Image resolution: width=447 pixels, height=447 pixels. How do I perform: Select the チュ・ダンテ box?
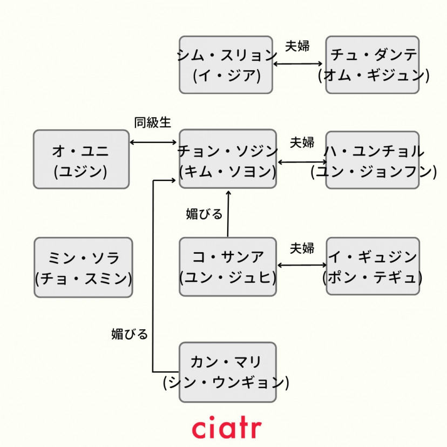pyautogui.click(x=372, y=64)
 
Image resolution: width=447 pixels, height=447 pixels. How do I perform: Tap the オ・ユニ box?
pyautogui.click(x=81, y=159)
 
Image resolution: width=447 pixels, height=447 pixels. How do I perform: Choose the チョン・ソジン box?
pyautogui.click(x=227, y=159)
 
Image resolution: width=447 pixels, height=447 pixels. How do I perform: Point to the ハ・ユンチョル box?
pyautogui.click(x=372, y=159)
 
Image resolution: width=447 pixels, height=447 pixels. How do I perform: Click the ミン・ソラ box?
pyautogui.click(x=83, y=267)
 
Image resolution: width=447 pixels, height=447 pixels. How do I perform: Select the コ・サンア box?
pyautogui.click(x=227, y=267)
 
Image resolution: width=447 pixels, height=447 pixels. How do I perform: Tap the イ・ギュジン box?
pyautogui.click(x=372, y=266)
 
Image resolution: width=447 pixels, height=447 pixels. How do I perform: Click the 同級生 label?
pyautogui.click(x=152, y=123)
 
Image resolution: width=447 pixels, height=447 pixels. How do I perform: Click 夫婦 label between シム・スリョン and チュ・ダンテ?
pyautogui.click(x=297, y=46)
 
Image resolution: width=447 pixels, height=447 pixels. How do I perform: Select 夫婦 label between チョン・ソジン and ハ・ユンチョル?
pyautogui.click(x=302, y=143)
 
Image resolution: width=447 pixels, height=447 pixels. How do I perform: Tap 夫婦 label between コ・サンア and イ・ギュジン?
pyautogui.click(x=302, y=248)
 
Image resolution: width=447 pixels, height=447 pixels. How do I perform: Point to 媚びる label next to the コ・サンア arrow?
pyautogui.click(x=204, y=214)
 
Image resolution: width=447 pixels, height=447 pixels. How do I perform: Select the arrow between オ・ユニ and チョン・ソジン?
pyautogui.click(x=154, y=142)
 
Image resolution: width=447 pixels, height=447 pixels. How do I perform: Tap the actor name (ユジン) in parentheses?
pyautogui.click(x=81, y=171)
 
